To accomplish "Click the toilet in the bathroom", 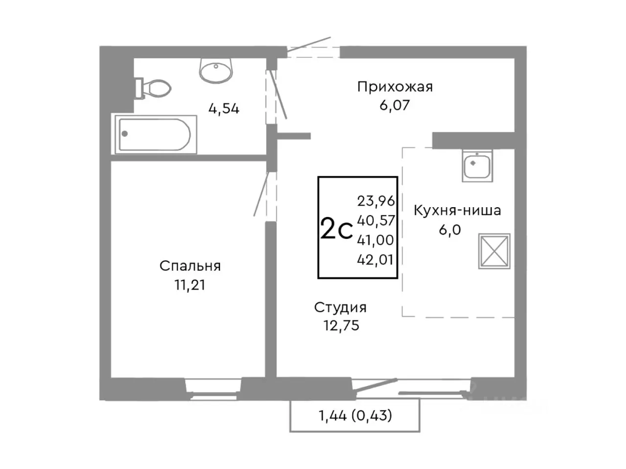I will click(x=154, y=88).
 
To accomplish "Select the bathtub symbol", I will click(x=156, y=134).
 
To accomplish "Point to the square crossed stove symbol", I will click(x=494, y=251).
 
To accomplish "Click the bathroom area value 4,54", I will click(x=224, y=108).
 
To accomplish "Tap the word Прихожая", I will click(x=395, y=87).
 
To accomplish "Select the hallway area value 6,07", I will click(x=395, y=105).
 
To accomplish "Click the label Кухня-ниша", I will click(x=457, y=211).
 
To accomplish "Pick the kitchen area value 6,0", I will click(x=449, y=230).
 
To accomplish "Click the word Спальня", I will click(x=190, y=266).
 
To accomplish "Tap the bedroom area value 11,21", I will click(x=190, y=285).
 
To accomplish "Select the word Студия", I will click(x=340, y=307).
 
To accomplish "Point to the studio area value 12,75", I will click(x=341, y=325).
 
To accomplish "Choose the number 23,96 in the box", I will click(x=376, y=201).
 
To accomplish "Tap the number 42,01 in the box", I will click(x=376, y=259).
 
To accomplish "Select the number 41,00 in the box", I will click(x=376, y=240).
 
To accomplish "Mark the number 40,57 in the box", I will click(x=376, y=220).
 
